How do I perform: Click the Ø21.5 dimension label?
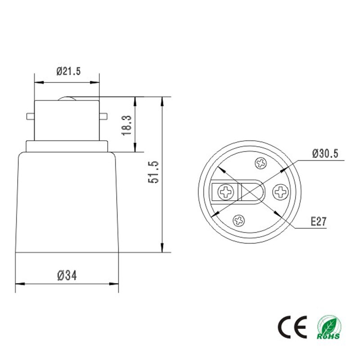tap(68, 72)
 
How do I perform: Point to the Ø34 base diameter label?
tap(67, 275)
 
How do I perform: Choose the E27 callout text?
tap(318, 221)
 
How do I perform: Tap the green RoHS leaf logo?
tap(329, 327)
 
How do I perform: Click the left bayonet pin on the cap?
tap(31, 117)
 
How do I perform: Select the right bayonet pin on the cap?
tap(103, 117)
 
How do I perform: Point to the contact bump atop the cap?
tap(67, 98)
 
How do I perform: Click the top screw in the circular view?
tap(261, 163)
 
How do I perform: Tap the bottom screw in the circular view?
tap(238, 220)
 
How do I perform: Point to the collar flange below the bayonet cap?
tap(67, 146)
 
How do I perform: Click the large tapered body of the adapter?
tap(67, 202)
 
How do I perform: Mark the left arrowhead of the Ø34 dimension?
tap(18, 284)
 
